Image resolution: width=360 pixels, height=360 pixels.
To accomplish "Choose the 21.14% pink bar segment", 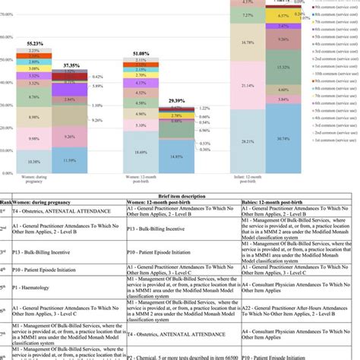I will coord(248,86).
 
